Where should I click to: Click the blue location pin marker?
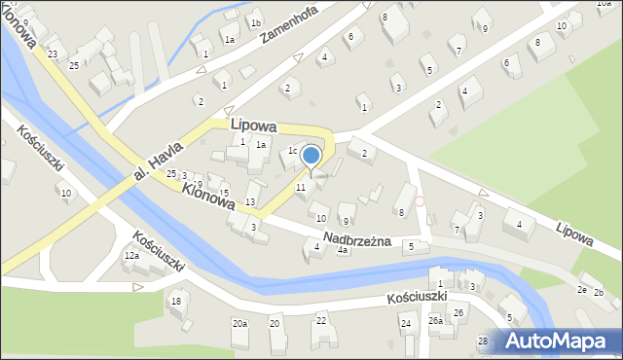pos(311,157)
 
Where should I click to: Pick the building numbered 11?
pos(301,186)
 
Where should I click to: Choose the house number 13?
pos(250,201)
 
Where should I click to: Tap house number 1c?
pos(292,151)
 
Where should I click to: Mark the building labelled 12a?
pos(130,256)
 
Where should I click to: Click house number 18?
pos(175,302)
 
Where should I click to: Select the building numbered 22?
pos(321,320)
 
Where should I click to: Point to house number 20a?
pos(239,323)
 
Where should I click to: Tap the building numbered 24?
pos(406,322)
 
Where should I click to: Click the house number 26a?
pos(435,320)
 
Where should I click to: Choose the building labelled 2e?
pos(582,290)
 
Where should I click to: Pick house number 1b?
pos(255,23)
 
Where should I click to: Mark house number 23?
pos(52,54)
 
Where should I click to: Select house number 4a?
pos(343,250)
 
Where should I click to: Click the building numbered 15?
pos(225,193)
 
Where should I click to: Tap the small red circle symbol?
pos(420,201)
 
